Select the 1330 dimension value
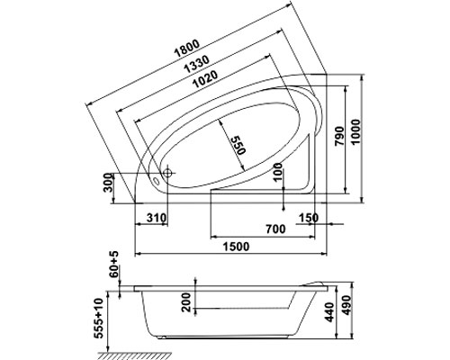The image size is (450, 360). pyautogui.click(x=196, y=64)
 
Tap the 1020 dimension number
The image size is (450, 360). pyautogui.click(x=205, y=79)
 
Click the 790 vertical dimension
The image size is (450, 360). pyautogui.click(x=339, y=136)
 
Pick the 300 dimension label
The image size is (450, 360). pyautogui.click(x=108, y=184)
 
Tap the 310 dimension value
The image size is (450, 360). pyautogui.click(x=157, y=218)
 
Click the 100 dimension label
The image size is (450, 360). pyautogui.click(x=279, y=172)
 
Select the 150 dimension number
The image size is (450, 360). pyautogui.click(x=309, y=218)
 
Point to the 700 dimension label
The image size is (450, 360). pyautogui.click(x=275, y=229)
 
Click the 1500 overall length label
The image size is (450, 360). pyautogui.click(x=236, y=247)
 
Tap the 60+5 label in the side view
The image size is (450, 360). pyautogui.click(x=114, y=265)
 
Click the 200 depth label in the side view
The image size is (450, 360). pyautogui.click(x=186, y=302)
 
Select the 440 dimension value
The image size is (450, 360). pyautogui.click(x=329, y=312)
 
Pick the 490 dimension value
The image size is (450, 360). pyautogui.click(x=346, y=305)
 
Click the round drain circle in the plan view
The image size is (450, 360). pyautogui.click(x=167, y=173)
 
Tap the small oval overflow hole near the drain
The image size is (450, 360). pyautogui.click(x=157, y=181)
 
